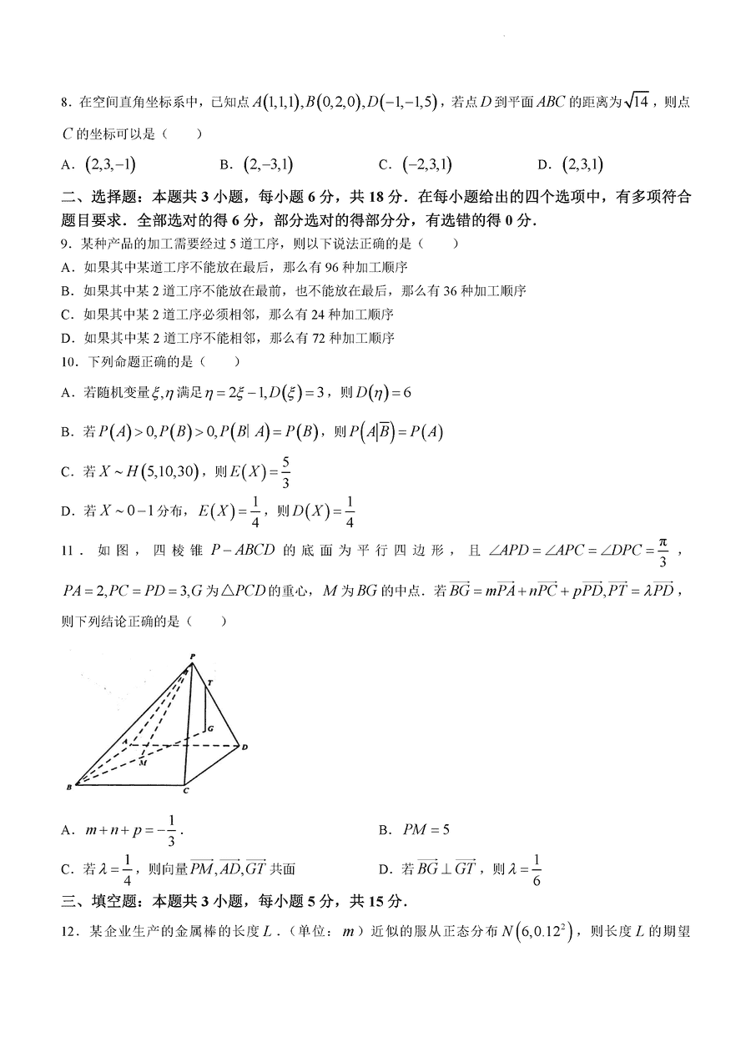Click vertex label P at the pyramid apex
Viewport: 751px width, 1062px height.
[193, 657]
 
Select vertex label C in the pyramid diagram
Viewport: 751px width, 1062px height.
[186, 791]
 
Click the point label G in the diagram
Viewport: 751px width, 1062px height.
[211, 727]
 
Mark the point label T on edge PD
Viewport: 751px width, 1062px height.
[209, 682]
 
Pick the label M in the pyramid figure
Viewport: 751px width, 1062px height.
[143, 763]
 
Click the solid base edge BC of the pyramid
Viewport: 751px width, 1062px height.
[129, 785]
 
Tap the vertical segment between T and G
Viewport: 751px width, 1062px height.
[205, 708]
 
